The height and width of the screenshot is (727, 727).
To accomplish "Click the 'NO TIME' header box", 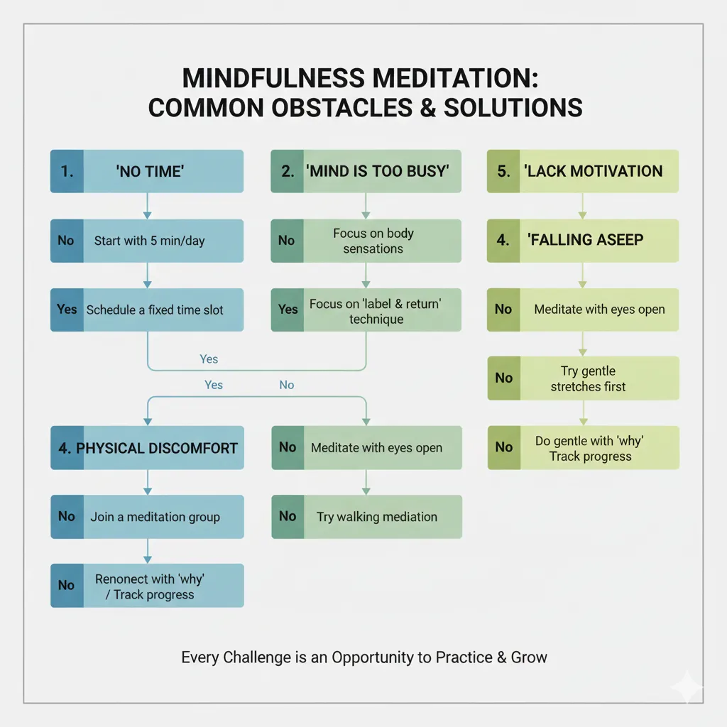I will point(147,171).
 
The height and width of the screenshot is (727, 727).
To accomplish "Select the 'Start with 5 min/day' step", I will point(147,241).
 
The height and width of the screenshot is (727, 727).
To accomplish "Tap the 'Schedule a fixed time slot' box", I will point(147,310).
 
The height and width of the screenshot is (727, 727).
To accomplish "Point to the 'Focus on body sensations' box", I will point(366,241).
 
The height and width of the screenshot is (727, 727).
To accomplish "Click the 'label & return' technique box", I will point(366,311).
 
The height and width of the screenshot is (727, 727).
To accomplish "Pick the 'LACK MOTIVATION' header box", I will point(582,171).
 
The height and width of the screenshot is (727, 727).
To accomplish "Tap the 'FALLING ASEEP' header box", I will point(582,240).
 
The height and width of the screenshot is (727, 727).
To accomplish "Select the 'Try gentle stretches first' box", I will point(582,378).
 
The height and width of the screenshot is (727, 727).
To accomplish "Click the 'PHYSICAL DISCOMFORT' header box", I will point(147,448).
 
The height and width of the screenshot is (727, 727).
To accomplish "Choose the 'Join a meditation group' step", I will point(147,516).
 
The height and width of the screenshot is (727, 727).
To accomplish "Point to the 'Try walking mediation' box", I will point(366,516).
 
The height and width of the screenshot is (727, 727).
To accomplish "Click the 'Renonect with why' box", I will point(147,586).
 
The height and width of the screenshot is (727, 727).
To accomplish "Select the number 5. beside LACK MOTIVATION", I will point(503,171).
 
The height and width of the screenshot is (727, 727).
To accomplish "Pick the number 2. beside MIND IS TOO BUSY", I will point(287,171).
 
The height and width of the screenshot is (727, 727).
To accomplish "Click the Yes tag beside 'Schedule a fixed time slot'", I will point(67,310).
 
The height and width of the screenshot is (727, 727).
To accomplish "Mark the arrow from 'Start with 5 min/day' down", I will point(147,275).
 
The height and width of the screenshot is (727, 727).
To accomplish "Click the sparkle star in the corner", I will point(687,687).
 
